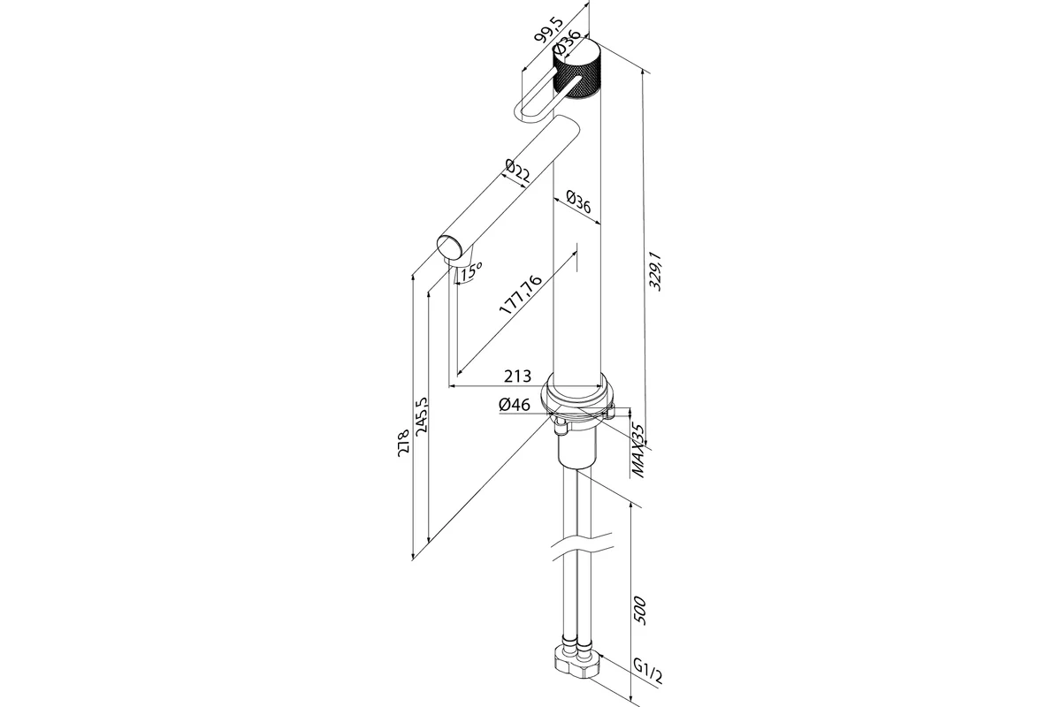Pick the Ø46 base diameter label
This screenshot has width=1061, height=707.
[514, 405]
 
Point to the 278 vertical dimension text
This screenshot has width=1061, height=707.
[404, 442]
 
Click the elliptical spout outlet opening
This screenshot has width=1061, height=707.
[452, 247]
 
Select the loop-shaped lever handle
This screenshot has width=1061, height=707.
[535, 103]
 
